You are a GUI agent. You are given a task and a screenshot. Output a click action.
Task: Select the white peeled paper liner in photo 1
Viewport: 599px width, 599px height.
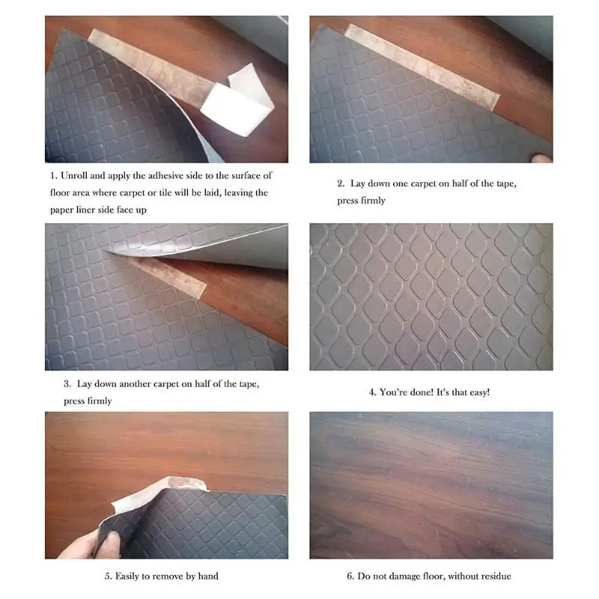tap(237, 101)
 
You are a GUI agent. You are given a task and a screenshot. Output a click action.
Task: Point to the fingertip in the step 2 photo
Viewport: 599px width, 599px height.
tap(542, 158)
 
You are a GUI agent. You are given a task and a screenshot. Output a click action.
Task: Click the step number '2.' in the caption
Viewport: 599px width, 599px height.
tap(341, 183)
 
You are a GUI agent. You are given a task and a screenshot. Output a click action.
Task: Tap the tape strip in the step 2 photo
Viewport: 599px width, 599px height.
tap(422, 67)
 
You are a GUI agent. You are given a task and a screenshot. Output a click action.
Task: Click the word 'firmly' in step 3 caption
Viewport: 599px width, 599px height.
tap(100, 401)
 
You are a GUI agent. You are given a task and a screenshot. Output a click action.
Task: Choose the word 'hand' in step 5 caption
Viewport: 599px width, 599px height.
tap(209, 576)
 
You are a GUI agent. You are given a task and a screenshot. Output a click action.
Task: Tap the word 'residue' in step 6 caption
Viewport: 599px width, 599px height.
tap(496, 576)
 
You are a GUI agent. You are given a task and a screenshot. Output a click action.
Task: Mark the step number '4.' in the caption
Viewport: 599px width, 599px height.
tap(372, 392)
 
